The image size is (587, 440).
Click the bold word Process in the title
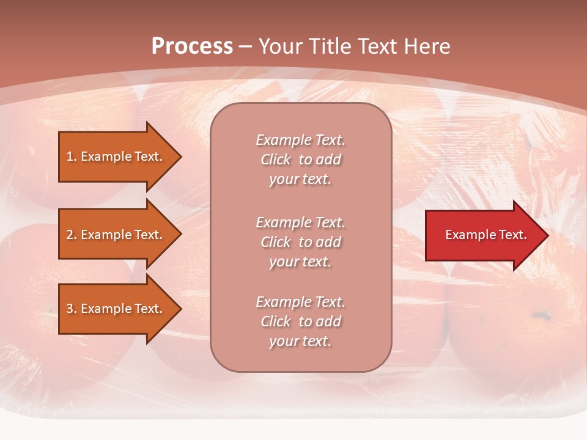[x=192, y=46]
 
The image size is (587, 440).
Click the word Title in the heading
[x=330, y=46]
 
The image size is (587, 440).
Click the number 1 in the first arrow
[x=70, y=156]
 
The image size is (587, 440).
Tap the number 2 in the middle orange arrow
[x=70, y=235]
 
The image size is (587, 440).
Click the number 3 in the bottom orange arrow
[x=70, y=309]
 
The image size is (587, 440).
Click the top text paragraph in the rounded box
[x=300, y=159]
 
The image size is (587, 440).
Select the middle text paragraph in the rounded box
[x=300, y=242]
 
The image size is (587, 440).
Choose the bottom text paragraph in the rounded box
[x=300, y=321]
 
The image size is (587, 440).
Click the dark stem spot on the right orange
[x=541, y=316]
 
